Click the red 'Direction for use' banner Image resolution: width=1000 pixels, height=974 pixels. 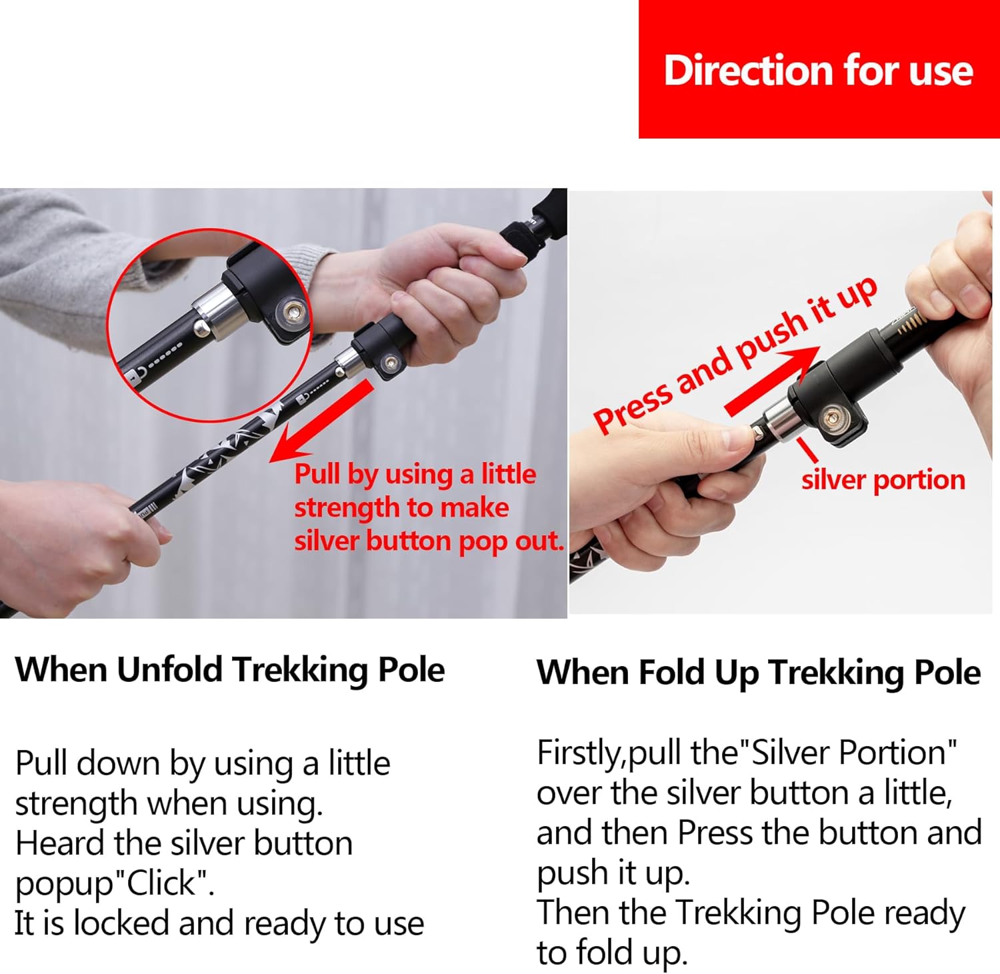pos(819,69)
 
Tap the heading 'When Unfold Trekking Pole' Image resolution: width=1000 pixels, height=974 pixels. pos(230,670)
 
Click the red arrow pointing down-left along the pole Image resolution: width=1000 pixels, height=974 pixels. pos(321,421)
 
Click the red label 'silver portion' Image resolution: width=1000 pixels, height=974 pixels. pos(883,479)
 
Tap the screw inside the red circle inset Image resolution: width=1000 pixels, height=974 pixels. pos(293,311)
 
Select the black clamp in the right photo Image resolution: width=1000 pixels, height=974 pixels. pos(827,401)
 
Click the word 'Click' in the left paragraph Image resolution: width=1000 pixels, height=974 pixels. pos(161,883)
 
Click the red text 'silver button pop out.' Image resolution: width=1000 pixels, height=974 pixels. pos(429,541)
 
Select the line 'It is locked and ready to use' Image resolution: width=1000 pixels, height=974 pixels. pos(219,923)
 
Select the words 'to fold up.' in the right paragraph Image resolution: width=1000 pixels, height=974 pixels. pos(611,953)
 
